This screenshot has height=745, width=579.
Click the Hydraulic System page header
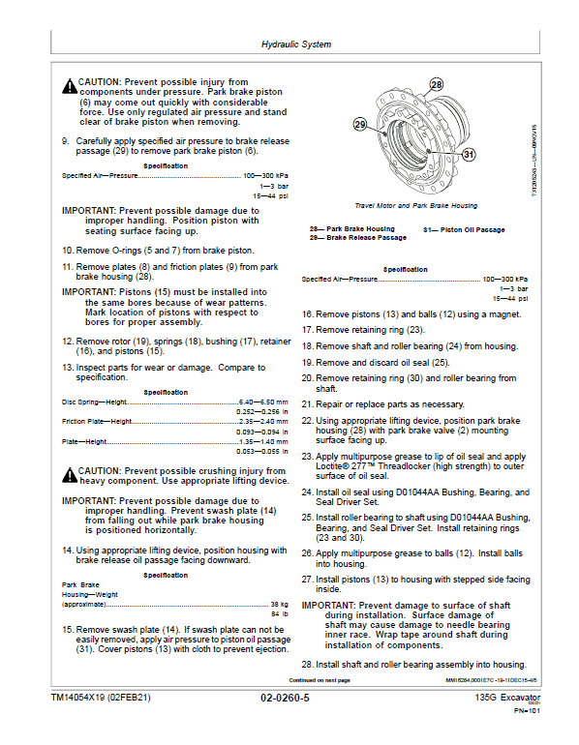[296, 45]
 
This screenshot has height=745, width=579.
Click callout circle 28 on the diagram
[436, 85]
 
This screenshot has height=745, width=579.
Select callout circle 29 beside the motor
[359, 125]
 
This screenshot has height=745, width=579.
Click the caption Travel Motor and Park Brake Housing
[415, 205]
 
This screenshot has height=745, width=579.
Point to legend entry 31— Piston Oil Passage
[464, 229]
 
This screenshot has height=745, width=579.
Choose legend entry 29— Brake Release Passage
[358, 237]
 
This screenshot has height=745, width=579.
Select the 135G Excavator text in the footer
[507, 697]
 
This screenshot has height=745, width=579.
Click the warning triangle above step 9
[69, 84]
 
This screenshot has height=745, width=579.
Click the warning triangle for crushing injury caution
[69, 473]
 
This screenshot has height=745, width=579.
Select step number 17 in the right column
[308, 330]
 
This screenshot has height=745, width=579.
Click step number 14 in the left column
[68, 551]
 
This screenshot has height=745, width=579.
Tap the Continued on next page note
[326, 680]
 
